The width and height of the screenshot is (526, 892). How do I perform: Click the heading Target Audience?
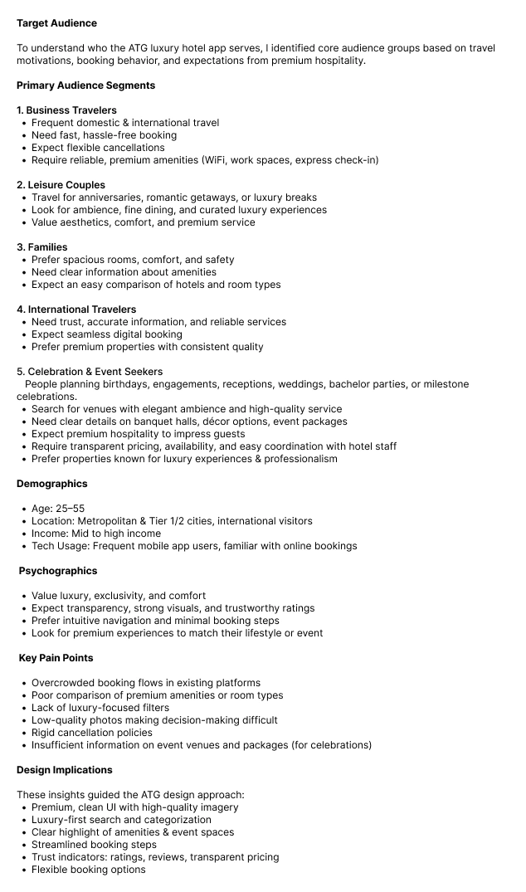[56, 23]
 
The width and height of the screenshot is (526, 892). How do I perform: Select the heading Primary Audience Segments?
[85, 85]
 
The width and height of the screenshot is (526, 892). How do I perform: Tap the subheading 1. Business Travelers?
[66, 110]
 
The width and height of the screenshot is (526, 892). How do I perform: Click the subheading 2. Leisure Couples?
[61, 185]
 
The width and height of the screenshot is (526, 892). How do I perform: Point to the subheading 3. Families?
[41, 247]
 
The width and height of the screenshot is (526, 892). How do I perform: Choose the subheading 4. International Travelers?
[76, 310]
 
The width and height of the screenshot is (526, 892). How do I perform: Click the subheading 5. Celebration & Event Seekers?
[90, 372]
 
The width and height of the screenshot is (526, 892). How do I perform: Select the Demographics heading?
[51, 484]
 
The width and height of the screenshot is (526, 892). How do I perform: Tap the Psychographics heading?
[58, 571]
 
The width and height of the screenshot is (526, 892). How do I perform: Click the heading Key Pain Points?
[56, 658]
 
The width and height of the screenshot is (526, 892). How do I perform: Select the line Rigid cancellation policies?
[92, 733]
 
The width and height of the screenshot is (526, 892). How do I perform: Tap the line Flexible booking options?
[88, 870]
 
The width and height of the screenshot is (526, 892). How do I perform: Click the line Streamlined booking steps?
[94, 845]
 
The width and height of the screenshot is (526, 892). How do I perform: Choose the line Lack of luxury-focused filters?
[100, 708]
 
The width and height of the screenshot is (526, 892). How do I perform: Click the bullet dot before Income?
[24, 534]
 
